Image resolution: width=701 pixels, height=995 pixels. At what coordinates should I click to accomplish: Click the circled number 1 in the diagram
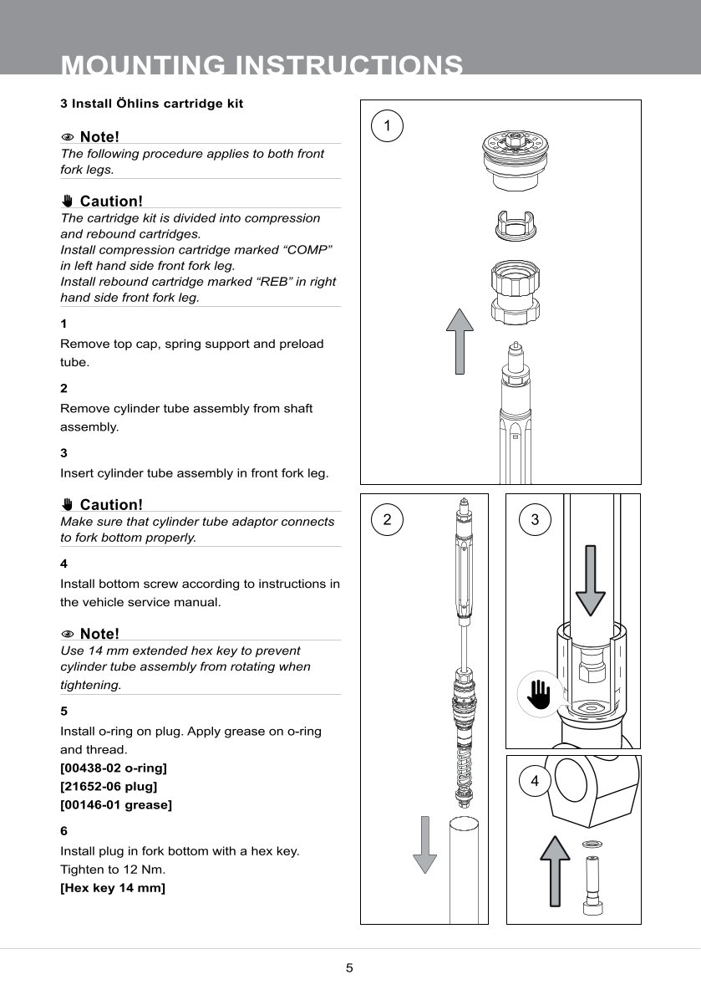click(386, 126)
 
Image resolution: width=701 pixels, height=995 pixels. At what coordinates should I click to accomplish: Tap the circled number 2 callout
click(386, 519)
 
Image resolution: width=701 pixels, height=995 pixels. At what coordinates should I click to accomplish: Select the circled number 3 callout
click(535, 519)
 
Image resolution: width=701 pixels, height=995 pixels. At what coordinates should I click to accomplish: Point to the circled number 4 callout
click(535, 782)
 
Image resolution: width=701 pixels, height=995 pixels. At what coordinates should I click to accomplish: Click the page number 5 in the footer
click(350, 969)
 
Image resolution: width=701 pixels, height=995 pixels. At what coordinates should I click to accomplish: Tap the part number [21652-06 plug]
click(109, 786)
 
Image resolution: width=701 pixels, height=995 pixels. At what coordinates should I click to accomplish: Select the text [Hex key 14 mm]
click(113, 888)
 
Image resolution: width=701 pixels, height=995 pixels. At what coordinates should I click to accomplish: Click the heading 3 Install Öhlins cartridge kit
click(152, 104)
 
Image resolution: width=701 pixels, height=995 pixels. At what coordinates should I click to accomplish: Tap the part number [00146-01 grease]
click(116, 805)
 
